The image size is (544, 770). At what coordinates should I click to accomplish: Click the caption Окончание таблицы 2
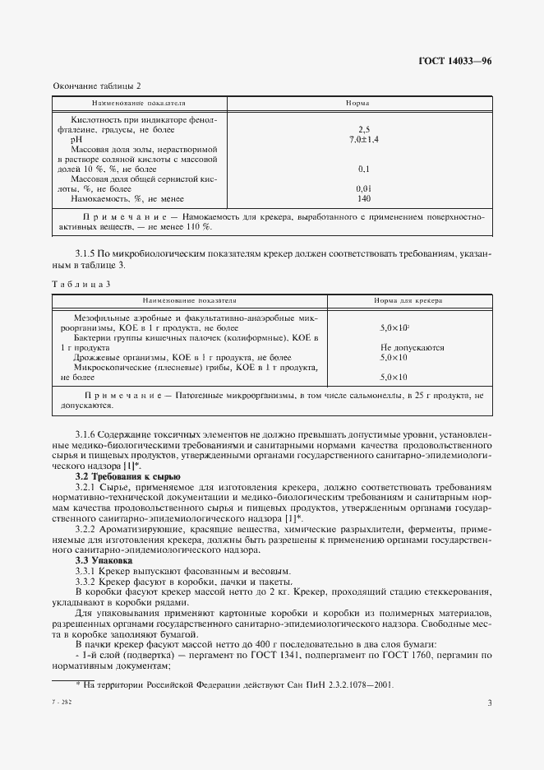point(97,86)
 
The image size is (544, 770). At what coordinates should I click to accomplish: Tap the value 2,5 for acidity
point(364,130)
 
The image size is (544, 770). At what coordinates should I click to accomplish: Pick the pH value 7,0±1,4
point(364,140)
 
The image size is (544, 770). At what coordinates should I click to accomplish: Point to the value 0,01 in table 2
point(364,188)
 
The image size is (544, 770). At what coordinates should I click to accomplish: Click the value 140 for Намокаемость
point(364,198)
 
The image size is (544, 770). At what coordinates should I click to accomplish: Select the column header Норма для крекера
point(408,302)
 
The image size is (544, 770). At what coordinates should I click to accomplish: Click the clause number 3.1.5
point(88,255)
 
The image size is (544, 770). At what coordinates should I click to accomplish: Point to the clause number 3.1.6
point(88,434)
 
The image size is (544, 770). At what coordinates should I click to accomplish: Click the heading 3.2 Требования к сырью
point(127,477)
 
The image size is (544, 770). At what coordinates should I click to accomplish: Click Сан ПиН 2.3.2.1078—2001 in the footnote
point(343,684)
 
